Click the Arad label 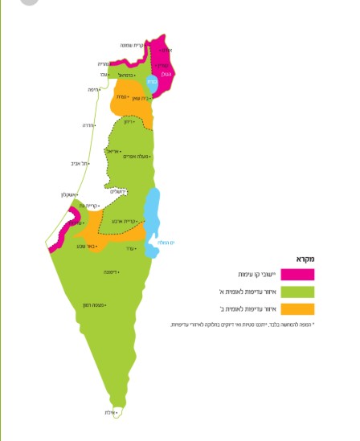coord(129,249)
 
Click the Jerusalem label coord(117,191)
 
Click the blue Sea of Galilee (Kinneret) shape coord(153,83)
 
